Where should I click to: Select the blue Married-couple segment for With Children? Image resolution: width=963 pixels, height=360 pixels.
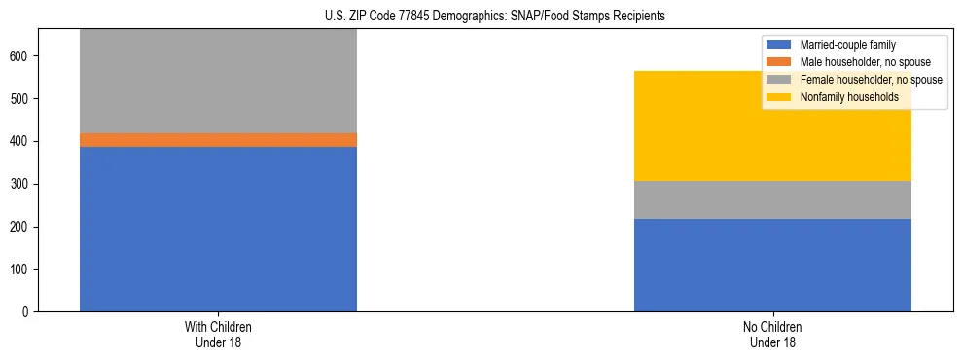(x=218, y=229)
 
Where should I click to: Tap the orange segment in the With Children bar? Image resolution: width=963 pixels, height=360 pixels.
(x=218, y=140)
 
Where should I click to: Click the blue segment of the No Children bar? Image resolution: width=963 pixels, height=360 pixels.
(x=772, y=265)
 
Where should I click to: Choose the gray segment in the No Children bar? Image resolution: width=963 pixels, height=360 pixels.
(x=772, y=199)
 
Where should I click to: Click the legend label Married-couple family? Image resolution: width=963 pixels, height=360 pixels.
(x=847, y=45)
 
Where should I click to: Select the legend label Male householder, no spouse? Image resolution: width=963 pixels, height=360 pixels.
(x=865, y=62)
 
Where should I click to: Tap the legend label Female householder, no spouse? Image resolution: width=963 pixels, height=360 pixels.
(x=870, y=80)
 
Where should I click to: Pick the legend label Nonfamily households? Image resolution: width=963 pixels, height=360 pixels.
(x=849, y=97)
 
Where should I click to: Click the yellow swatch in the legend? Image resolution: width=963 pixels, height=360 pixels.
(x=779, y=97)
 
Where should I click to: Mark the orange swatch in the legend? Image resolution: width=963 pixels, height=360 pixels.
(x=779, y=62)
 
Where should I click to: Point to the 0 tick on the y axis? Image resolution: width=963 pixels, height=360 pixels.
(x=28, y=312)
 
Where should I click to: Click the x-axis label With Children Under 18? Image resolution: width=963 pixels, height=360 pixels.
(x=218, y=335)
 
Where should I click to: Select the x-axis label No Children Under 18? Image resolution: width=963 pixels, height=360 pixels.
(x=772, y=335)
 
